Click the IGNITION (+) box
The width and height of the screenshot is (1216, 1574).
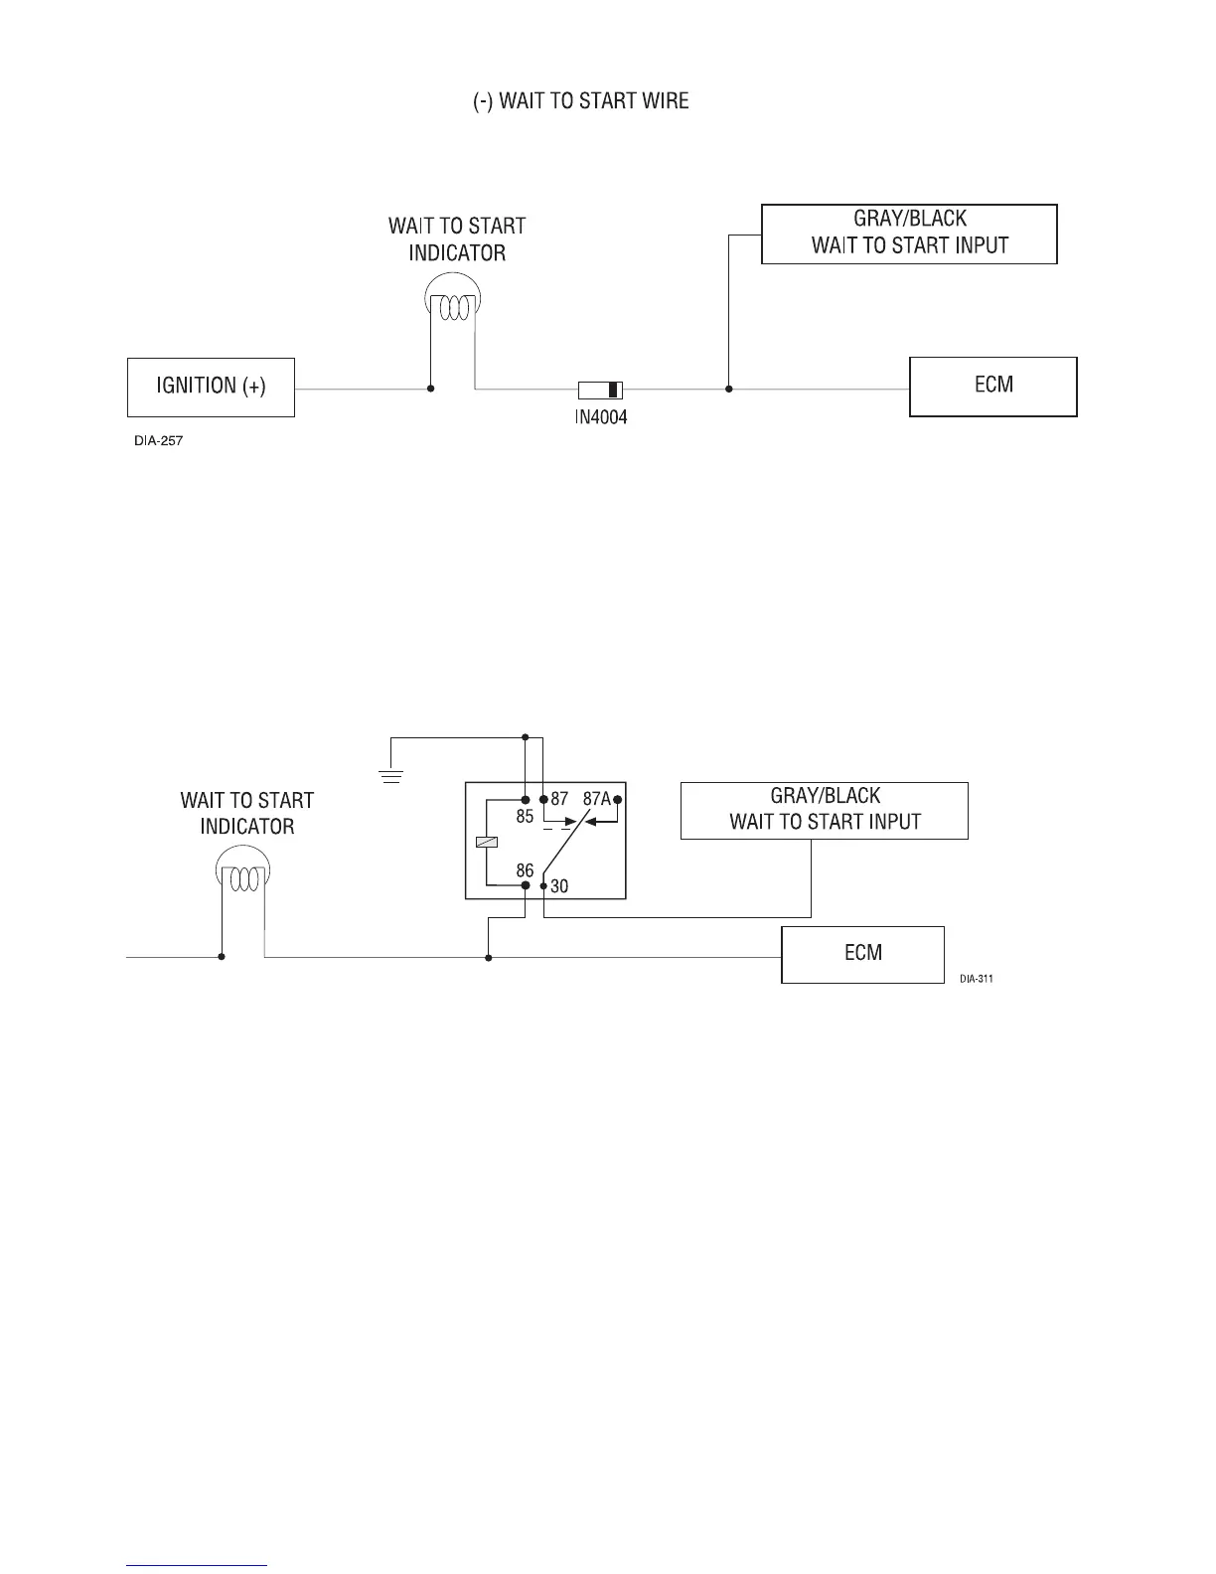211,387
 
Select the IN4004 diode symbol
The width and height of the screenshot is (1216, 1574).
601,390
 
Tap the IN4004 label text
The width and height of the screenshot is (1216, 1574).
601,417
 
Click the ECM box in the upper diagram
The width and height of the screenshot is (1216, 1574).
993,387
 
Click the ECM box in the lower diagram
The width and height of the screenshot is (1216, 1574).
862,954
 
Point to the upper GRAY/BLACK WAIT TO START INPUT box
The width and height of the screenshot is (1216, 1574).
909,234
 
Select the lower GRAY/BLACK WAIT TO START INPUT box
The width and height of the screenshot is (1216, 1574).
825,810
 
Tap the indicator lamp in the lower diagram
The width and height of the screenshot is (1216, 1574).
243,874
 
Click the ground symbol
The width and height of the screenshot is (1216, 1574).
392,775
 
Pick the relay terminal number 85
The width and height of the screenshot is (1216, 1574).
525,817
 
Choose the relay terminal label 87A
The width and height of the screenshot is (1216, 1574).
596,798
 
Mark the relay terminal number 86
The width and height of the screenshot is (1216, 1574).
525,870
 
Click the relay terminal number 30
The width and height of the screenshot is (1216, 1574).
559,885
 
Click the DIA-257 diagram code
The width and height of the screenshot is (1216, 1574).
159,440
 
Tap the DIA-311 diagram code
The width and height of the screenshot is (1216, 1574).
977,979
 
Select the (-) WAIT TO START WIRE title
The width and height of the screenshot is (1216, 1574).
580,101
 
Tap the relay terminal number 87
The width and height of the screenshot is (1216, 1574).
559,798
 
